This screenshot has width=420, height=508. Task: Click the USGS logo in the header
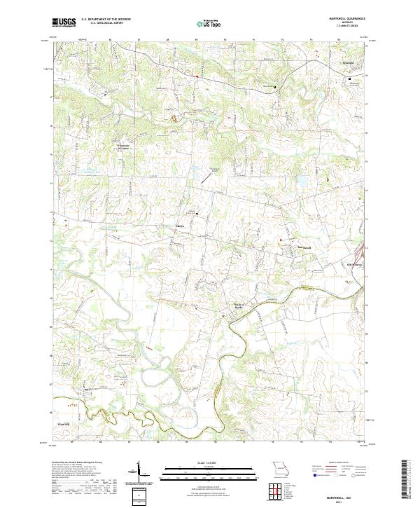64,22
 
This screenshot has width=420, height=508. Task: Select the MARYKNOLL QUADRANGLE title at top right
342,19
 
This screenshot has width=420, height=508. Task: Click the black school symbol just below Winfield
351,79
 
